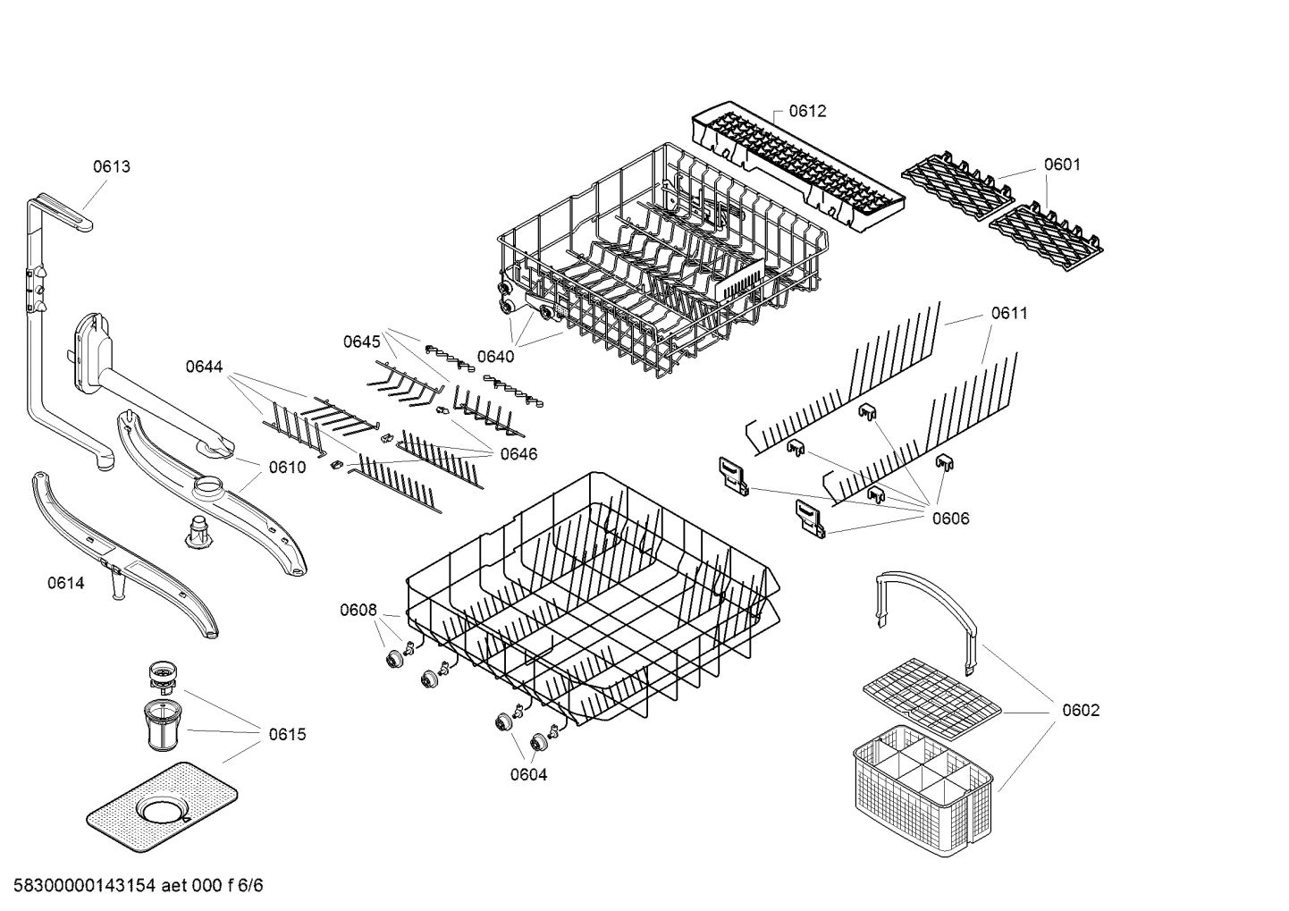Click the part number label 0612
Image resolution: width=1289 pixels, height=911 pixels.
807,111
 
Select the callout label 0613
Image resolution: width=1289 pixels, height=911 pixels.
112,166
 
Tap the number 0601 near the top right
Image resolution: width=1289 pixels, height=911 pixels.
1062,164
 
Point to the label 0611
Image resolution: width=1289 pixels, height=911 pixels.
1008,313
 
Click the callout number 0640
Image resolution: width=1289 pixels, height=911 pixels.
495,357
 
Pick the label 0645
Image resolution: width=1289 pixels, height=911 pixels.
361,342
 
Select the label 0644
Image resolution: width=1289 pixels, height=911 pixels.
204,367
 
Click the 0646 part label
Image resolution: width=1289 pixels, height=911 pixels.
518,454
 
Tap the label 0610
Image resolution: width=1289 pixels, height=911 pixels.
287,467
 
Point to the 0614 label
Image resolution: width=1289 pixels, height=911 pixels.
66,584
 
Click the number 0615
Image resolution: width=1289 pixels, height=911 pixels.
287,734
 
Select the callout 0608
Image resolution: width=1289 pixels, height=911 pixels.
358,610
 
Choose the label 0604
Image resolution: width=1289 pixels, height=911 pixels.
528,775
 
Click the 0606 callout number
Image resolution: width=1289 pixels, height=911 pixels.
950,519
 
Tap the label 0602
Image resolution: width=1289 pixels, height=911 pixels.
1081,710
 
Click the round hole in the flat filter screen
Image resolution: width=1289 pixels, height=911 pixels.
162,812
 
